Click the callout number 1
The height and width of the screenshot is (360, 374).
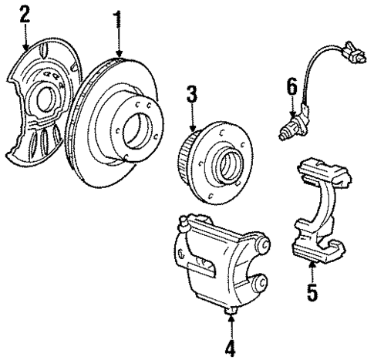tap(118, 18)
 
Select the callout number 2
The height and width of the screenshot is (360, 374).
tap(25, 15)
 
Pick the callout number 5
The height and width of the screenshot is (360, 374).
tap(312, 294)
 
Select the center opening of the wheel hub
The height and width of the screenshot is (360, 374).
tap(232, 167)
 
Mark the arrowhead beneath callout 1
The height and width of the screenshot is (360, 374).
tap(118, 53)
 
